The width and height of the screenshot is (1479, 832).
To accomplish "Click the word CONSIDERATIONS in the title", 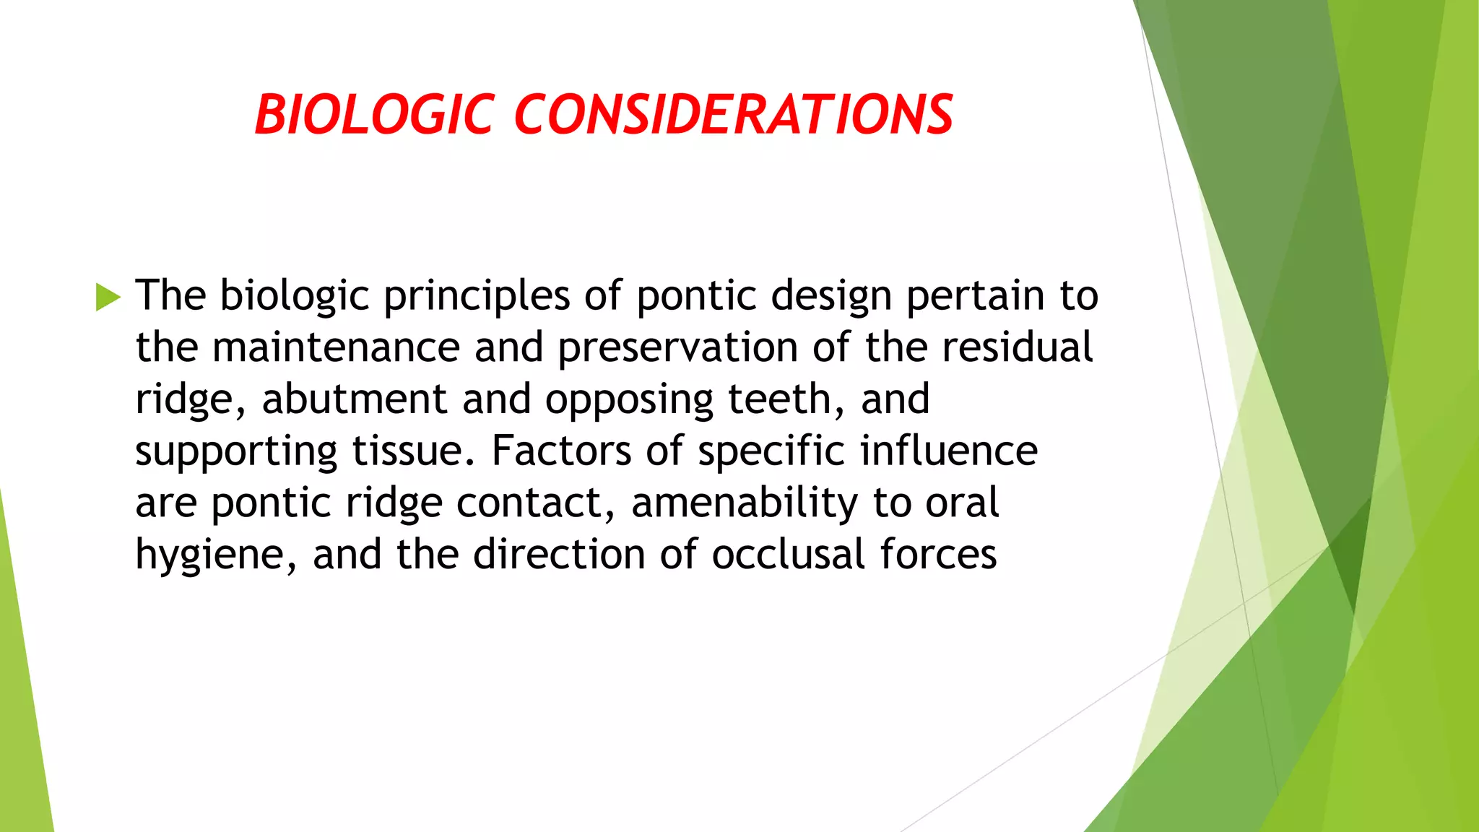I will tap(733, 115).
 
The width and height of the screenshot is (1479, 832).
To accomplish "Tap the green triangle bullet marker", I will tap(107, 297).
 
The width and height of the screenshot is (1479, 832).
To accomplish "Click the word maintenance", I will tap(336, 347).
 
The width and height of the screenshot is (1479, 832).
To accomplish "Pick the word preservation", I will tap(677, 348).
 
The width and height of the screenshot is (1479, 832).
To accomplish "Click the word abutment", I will tap(354, 399).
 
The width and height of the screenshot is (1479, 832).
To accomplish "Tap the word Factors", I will tap(561, 451).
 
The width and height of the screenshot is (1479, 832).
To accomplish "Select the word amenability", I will tap(745, 503).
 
